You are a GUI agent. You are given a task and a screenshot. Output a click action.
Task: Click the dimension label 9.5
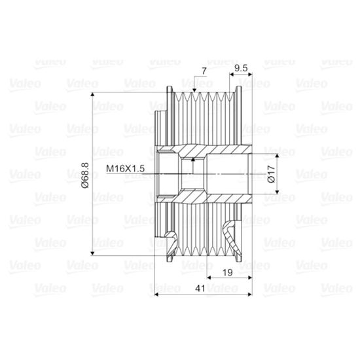click(x=241, y=68)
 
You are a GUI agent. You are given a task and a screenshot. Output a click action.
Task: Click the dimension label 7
click(x=204, y=71)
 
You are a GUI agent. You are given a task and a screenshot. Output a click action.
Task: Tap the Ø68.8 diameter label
click(x=85, y=175)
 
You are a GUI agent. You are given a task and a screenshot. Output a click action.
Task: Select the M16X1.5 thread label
click(x=126, y=169)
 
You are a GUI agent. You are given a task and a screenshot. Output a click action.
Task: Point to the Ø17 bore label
click(x=272, y=174)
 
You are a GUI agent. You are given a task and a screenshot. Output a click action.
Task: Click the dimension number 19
click(x=228, y=272)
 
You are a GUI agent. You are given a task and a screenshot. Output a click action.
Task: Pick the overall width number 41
click(x=200, y=289)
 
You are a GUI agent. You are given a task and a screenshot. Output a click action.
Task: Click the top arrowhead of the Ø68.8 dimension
click(x=92, y=94)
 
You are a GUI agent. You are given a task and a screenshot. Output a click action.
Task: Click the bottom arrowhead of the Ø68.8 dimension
click(x=92, y=253)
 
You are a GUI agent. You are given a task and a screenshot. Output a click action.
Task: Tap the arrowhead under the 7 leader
click(x=194, y=90)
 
